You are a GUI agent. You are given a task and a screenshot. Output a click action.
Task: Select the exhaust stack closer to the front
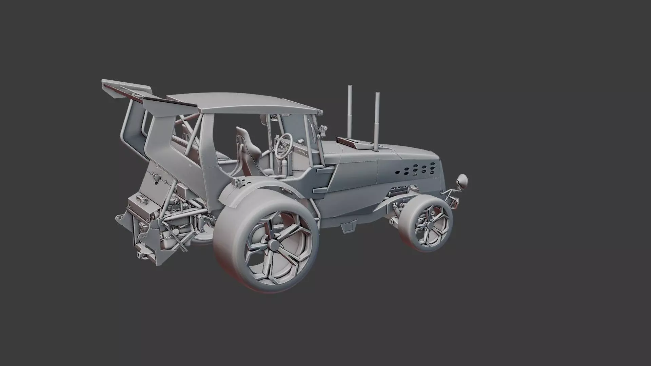click(x=377, y=119)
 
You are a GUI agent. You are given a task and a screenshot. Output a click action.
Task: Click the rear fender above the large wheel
click(x=258, y=190)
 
